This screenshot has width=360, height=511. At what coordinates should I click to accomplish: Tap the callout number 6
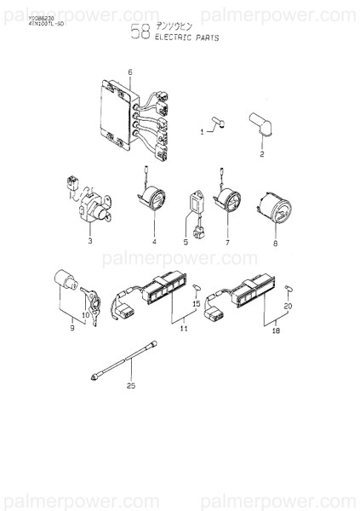point(130,72)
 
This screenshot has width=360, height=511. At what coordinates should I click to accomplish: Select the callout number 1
point(202,132)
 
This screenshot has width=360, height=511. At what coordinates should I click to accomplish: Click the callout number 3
point(89,242)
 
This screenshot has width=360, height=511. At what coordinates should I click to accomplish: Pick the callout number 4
point(154,242)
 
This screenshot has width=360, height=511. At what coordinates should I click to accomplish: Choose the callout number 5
point(186,242)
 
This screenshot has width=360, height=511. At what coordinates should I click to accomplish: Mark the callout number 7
point(227,242)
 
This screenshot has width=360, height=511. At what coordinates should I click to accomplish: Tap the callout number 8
point(275,243)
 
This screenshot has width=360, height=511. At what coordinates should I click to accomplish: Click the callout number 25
point(132,386)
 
